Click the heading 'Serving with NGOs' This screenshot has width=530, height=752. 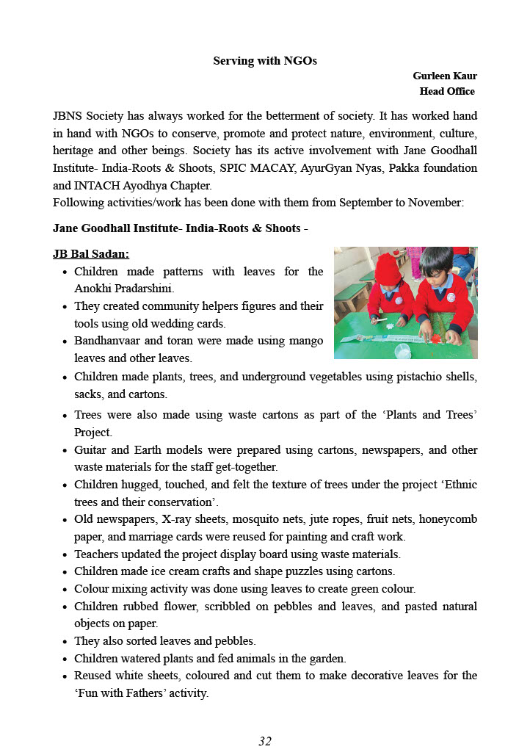tap(265, 61)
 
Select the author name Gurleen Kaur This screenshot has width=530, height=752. tap(445, 76)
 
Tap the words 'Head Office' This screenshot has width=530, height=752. tap(447, 92)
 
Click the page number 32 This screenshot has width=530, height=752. tap(265, 741)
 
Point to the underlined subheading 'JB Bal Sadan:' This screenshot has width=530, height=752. tap(91, 254)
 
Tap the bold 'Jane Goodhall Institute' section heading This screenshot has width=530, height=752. tap(117, 228)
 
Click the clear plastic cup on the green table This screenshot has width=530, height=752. tap(402, 350)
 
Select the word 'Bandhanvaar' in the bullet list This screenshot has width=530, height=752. tap(107, 341)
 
